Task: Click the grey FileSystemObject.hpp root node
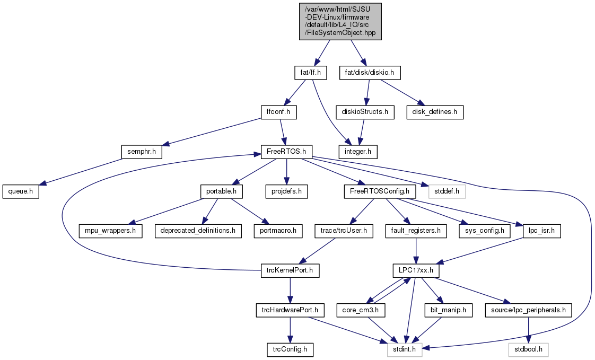point(340,21)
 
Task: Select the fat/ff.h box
point(311,73)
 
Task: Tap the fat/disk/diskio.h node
point(370,73)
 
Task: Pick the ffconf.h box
point(279,112)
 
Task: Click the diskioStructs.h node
point(365,112)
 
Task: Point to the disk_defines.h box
point(435,112)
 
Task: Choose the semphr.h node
point(142,152)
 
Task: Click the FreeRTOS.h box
point(286,152)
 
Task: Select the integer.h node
point(358,152)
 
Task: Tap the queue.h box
point(21,191)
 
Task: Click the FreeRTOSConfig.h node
point(380,191)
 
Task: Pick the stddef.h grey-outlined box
point(447,191)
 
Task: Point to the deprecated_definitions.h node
point(198,231)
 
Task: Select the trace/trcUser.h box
point(344,231)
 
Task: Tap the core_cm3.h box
point(361,311)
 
